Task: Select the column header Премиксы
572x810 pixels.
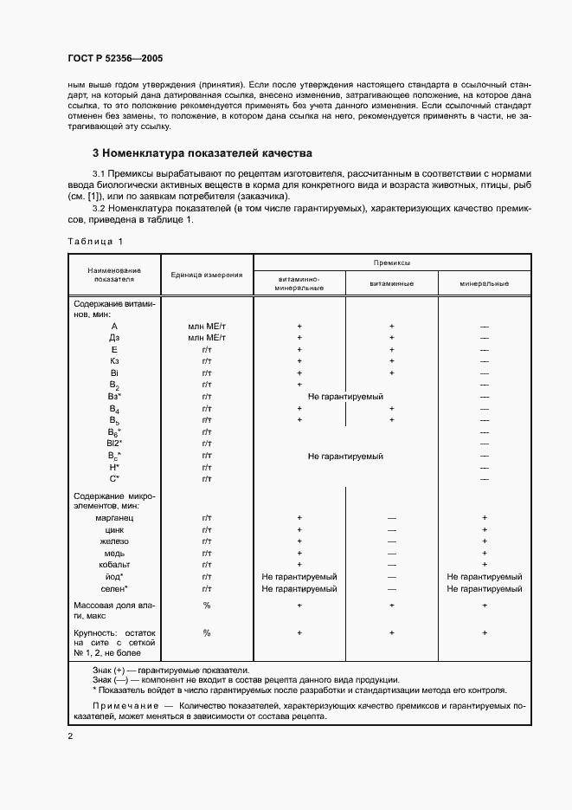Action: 391,261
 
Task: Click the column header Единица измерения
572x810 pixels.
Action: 206,275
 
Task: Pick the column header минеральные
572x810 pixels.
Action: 484,283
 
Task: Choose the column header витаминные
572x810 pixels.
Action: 391,283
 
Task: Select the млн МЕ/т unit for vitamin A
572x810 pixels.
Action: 207,326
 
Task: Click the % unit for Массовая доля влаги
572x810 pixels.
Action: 207,605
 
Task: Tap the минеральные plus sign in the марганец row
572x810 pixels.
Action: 485,517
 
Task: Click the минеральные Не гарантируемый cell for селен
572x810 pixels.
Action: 484,588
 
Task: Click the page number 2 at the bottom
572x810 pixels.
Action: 70,735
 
